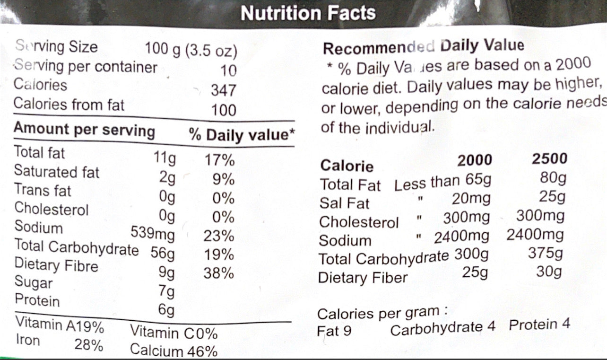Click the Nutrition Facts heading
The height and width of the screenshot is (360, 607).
[x=308, y=13]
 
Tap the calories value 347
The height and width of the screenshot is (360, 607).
[x=223, y=90]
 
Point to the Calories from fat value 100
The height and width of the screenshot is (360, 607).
[x=224, y=110]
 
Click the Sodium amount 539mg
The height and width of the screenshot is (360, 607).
[x=152, y=234]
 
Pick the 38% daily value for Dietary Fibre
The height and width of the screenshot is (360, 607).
[x=219, y=273]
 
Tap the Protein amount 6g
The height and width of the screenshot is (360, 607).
[x=166, y=310]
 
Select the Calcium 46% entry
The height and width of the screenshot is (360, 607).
[x=173, y=351]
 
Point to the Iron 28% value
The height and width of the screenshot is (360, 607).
[x=89, y=345]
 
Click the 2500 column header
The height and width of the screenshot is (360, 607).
[x=549, y=159]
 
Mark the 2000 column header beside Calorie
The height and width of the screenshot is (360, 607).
[x=475, y=161]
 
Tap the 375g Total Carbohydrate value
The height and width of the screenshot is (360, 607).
[x=546, y=254]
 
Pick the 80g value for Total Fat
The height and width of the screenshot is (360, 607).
[x=553, y=179]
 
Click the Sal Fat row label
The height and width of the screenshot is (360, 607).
[x=338, y=203]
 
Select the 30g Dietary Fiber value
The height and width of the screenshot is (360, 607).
[x=549, y=272]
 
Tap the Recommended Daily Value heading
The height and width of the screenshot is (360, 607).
[x=424, y=47]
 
